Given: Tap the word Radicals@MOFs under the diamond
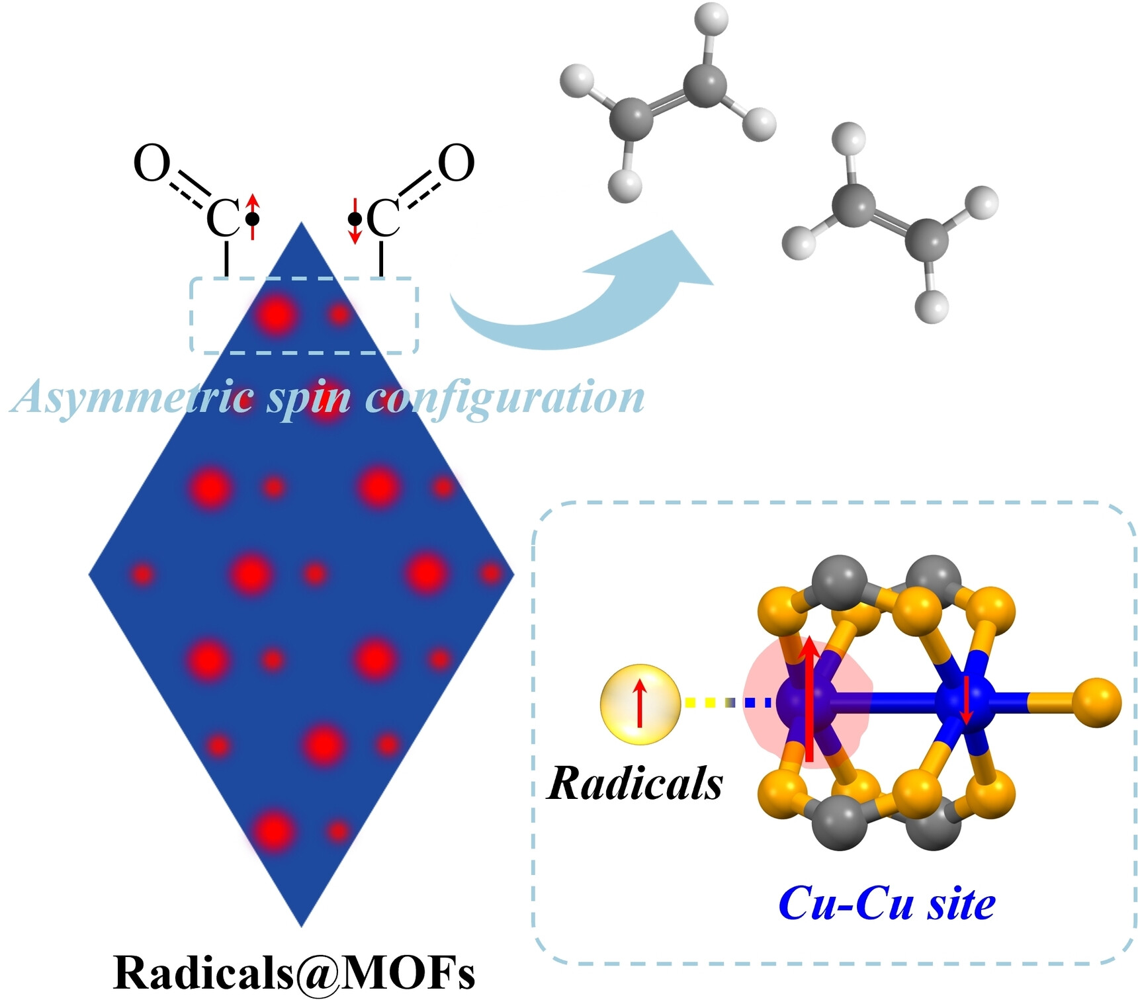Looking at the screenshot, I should [294, 972].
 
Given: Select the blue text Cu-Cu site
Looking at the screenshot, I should [887, 903].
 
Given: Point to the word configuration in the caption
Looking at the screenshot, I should [506, 398].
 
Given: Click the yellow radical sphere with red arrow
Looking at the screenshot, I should [640, 704].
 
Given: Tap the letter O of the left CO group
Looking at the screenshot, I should [152, 163].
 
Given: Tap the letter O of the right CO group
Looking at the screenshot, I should [457, 163].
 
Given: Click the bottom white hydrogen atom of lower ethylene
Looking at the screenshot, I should [932, 306].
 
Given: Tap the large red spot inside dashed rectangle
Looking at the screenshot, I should [277, 315].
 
